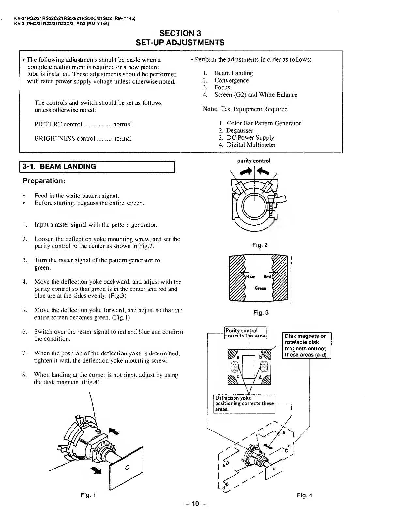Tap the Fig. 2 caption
point(260,245)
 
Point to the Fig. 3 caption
point(261,313)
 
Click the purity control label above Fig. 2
point(254,161)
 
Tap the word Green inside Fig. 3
point(260,288)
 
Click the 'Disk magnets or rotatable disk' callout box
point(306,346)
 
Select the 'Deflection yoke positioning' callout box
point(244,404)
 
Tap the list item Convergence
point(231,80)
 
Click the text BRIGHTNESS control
point(65,138)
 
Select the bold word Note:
point(210,109)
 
